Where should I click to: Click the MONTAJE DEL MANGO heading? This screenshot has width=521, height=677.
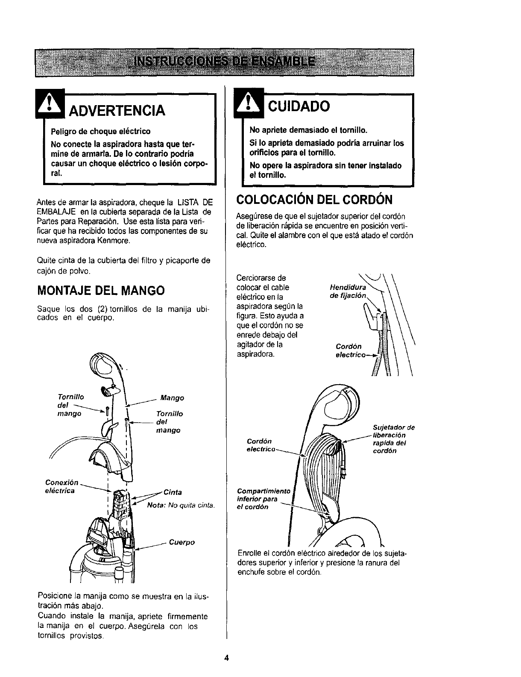pos(101,291)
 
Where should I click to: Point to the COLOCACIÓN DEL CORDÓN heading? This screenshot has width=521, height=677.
pos(314,200)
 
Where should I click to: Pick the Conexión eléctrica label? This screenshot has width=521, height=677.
pos(61,486)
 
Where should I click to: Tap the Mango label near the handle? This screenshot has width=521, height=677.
pos(172,398)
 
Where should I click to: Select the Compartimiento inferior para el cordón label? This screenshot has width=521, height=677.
pos(263,498)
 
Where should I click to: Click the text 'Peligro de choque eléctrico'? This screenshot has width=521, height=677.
pos(100,130)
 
